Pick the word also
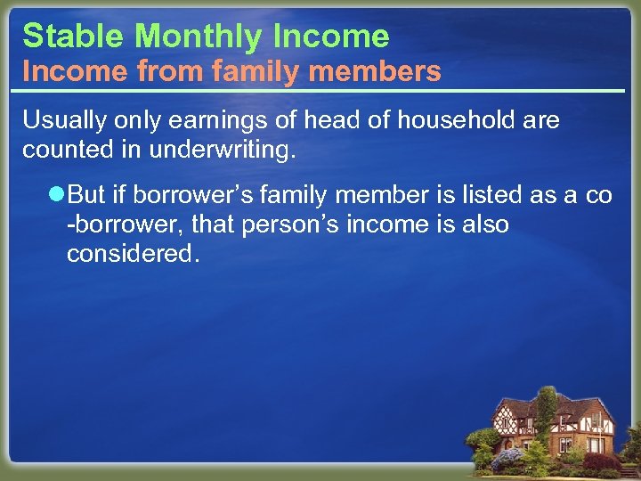click(485, 224)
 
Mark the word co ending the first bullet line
click(598, 195)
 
